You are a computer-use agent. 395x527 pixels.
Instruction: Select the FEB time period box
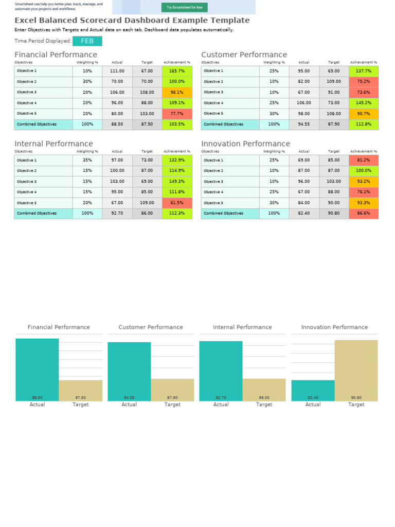pyautogui.click(x=87, y=41)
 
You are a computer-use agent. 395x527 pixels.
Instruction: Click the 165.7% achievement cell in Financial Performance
pyautogui.click(x=177, y=71)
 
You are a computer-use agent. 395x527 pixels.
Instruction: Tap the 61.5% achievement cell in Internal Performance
pyautogui.click(x=177, y=203)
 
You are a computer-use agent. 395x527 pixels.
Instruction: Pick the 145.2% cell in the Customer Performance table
pyautogui.click(x=364, y=103)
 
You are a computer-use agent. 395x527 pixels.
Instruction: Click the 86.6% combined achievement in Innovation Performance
pyautogui.click(x=364, y=213)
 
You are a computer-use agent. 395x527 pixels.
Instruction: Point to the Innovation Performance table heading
pyautogui.click(x=245, y=144)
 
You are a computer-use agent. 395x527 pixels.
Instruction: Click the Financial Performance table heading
pyautogui.click(x=56, y=55)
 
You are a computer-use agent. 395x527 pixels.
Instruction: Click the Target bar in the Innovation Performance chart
pyautogui.click(x=356, y=370)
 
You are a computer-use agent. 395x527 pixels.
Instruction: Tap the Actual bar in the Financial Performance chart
pyautogui.click(x=37, y=370)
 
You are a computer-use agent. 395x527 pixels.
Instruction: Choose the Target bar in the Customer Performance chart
pyautogui.click(x=172, y=390)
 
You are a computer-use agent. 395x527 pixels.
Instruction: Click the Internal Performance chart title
pyautogui.click(x=242, y=327)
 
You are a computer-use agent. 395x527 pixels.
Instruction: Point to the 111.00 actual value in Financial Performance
pyautogui.click(x=117, y=71)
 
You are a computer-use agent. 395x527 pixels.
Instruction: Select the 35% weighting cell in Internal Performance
pyautogui.click(x=87, y=160)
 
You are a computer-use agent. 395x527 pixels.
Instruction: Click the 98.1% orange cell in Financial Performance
pyautogui.click(x=177, y=93)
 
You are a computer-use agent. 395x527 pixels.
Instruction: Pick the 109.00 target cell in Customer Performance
pyautogui.click(x=334, y=82)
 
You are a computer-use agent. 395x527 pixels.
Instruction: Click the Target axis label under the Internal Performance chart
pyautogui.click(x=264, y=405)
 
